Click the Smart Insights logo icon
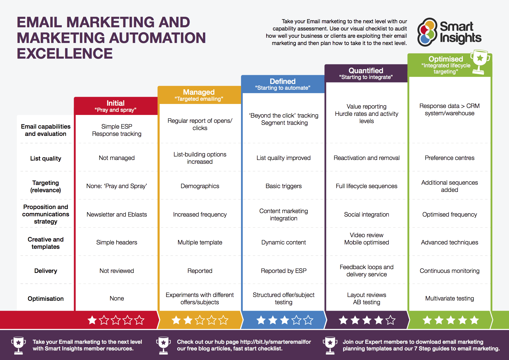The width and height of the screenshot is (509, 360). tap(427, 32)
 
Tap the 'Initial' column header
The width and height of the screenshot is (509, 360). tap(116, 106)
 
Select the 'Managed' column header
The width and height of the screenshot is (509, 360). tap(199, 95)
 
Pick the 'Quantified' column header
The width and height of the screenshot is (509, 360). tap(366, 73)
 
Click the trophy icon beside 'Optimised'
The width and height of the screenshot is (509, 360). tap(480, 62)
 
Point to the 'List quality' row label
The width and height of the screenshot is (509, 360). tap(46, 159)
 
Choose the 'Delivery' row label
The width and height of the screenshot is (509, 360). tap(46, 271)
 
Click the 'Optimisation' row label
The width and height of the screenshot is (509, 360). tap(46, 299)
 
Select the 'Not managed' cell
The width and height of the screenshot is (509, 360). tap(117, 158)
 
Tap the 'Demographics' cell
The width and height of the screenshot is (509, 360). tap(200, 186)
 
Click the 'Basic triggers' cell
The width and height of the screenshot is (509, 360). tap(283, 186)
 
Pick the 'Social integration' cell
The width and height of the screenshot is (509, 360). tap(366, 215)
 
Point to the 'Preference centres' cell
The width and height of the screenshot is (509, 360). tap(449, 158)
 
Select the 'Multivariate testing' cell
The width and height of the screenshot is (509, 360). tap(449, 298)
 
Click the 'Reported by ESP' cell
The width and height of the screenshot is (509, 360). tap(283, 271)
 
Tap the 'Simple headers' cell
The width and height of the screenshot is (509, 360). tap(117, 242)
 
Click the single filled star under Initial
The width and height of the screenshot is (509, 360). tap(92, 320)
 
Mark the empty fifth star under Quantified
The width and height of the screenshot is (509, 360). tap(391, 320)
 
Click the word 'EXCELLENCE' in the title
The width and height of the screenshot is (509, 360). tap(65, 54)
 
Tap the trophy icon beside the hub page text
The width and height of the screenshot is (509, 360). tap(163, 345)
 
